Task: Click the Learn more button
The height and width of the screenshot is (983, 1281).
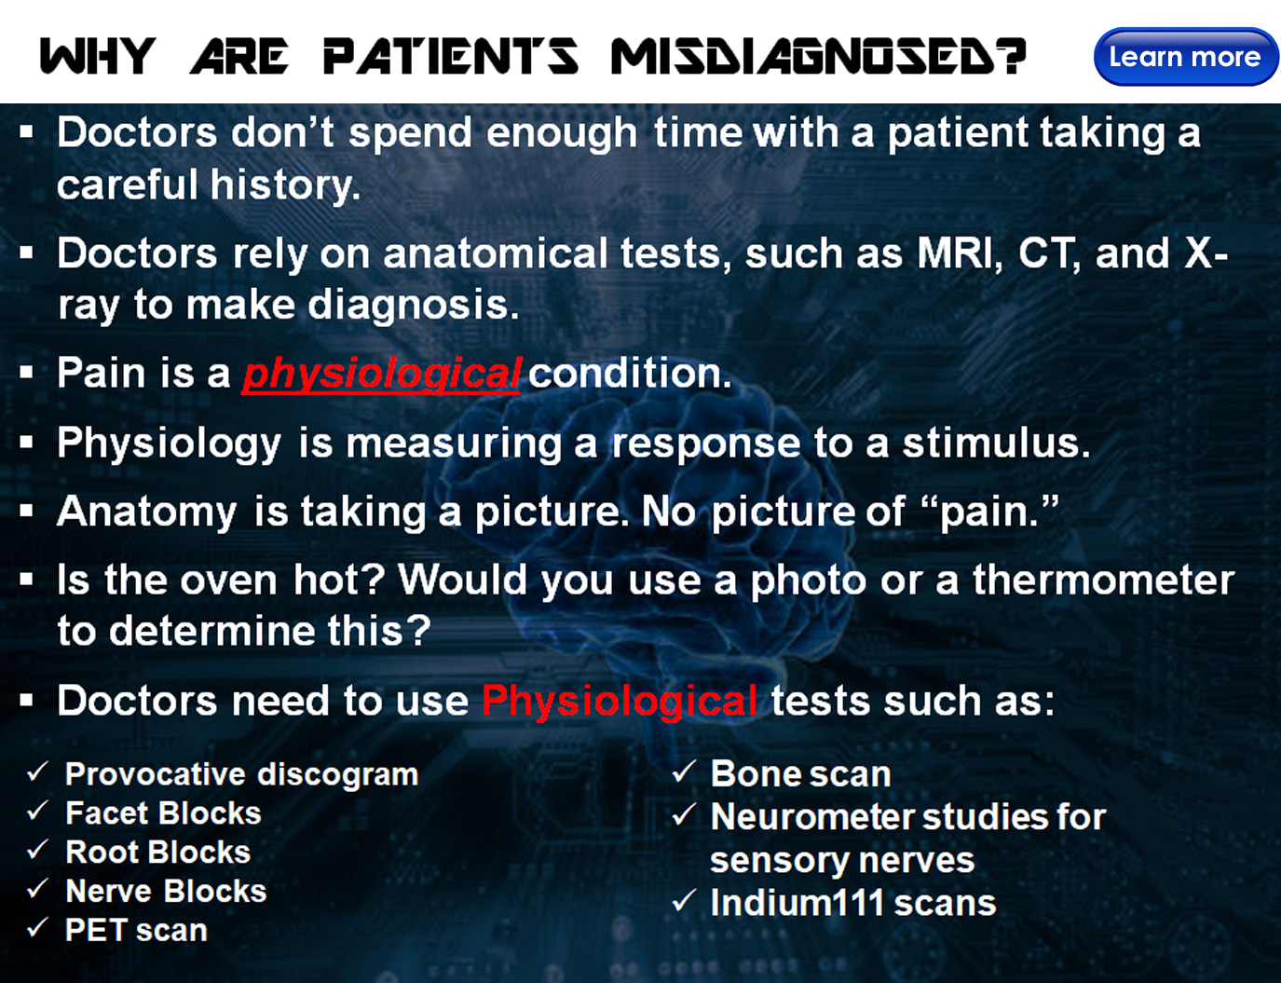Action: tap(1186, 57)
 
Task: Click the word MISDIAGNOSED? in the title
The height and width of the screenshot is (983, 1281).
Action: tap(819, 57)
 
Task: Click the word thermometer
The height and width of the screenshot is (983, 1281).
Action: tap(1104, 580)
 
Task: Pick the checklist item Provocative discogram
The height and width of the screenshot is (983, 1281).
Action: tap(241, 774)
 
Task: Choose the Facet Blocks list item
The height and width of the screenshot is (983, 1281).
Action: tap(163, 813)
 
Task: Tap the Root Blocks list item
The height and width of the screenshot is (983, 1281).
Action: tap(158, 853)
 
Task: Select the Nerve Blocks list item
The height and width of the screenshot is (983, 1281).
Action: tap(166, 891)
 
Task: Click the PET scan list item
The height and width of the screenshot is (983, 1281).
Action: tap(136, 931)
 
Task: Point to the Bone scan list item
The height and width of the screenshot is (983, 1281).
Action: tap(800, 773)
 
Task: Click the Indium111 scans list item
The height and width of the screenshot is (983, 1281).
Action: tap(853, 903)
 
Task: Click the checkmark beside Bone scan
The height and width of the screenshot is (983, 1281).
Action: tap(684, 771)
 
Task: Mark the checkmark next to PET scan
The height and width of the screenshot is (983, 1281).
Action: tap(37, 928)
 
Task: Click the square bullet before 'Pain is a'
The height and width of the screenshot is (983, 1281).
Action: tap(26, 373)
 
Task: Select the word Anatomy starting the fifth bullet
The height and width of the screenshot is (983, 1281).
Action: tap(147, 512)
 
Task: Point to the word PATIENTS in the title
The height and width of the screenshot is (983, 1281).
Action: tap(451, 57)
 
